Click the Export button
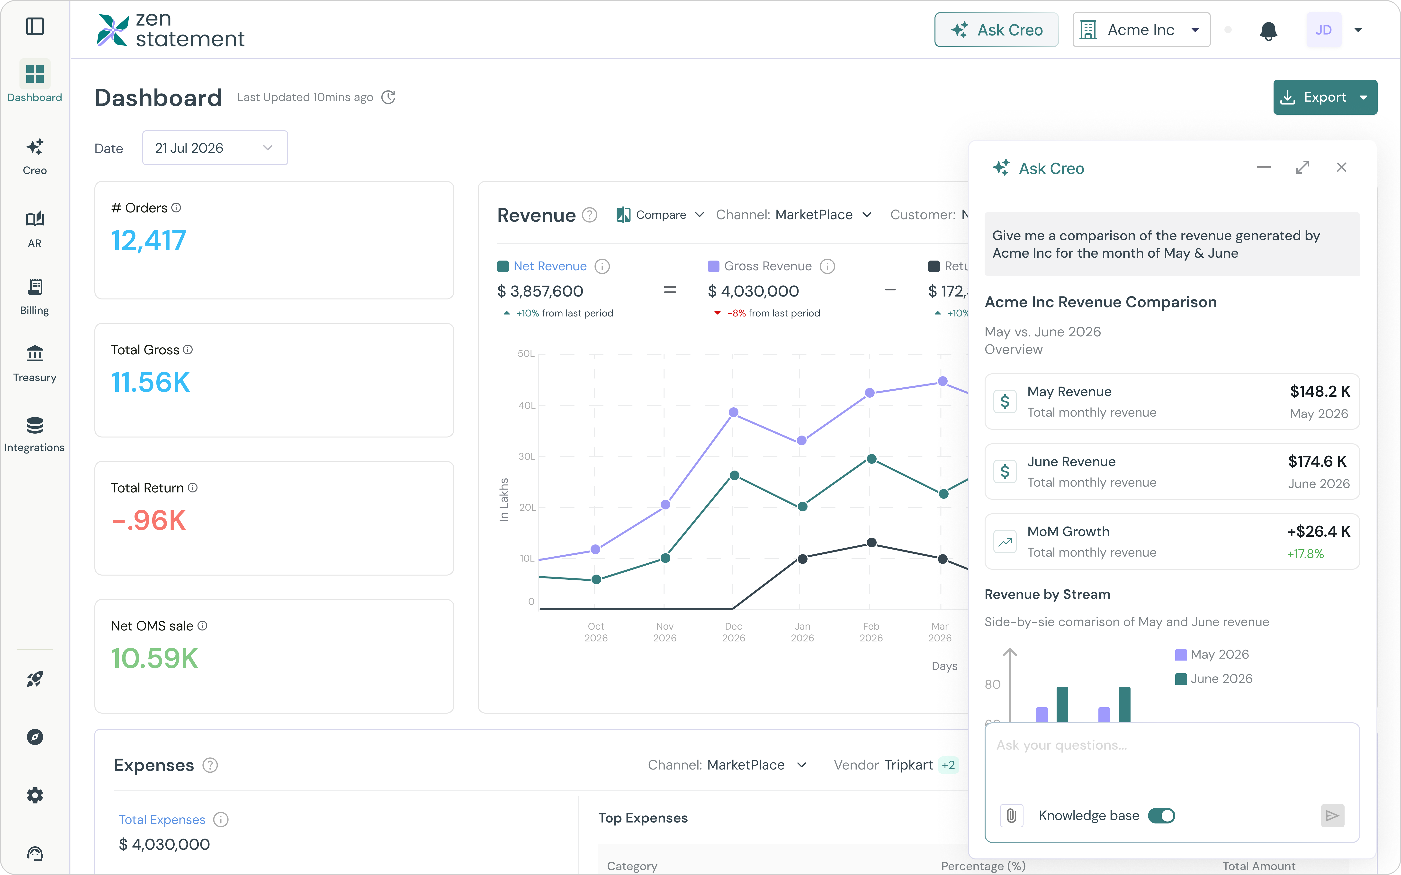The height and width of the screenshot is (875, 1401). pyautogui.click(x=1325, y=97)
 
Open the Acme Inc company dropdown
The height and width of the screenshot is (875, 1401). pyautogui.click(x=1141, y=30)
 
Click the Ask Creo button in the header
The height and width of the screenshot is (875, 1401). pyautogui.click(x=996, y=30)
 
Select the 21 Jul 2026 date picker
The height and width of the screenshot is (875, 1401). pyautogui.click(x=215, y=148)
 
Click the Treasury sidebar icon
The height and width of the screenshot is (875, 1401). pyautogui.click(x=35, y=353)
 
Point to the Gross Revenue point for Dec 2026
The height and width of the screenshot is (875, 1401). pyautogui.click(x=734, y=412)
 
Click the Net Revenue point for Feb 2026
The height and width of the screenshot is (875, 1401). pyautogui.click(x=871, y=459)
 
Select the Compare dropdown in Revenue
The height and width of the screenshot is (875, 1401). pyautogui.click(x=660, y=215)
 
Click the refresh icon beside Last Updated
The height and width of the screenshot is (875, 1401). pyautogui.click(x=388, y=97)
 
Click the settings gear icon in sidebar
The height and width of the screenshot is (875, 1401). pyautogui.click(x=35, y=795)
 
